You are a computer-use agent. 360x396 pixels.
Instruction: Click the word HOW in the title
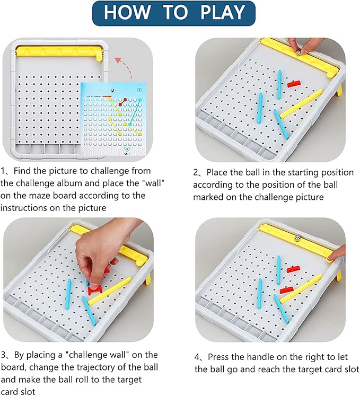tap(127, 12)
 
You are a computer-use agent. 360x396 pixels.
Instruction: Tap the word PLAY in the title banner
tap(222, 12)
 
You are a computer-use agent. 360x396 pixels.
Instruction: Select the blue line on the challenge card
tap(135, 112)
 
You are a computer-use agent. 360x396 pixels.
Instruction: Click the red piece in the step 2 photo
tap(294, 84)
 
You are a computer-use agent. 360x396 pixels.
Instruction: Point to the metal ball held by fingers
tap(298, 52)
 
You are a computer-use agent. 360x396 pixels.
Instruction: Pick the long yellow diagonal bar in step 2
tap(301, 104)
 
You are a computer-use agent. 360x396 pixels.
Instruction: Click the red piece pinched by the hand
tap(95, 289)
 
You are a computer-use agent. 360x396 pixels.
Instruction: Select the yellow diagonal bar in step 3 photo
tap(109, 291)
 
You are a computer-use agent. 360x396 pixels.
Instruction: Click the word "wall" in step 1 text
tap(154, 183)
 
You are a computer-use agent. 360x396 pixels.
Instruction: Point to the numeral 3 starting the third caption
tap(3, 355)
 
